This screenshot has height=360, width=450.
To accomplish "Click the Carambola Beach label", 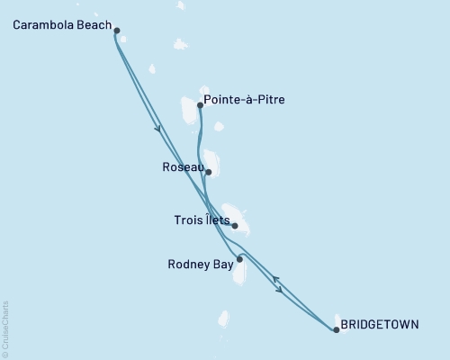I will click(60, 25).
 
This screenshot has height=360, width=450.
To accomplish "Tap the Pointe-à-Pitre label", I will click(245, 100).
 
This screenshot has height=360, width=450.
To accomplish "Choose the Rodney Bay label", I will click(199, 265).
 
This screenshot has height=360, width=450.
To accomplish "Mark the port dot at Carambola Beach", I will click(117, 30).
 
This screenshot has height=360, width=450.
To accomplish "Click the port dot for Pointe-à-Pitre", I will click(200, 105).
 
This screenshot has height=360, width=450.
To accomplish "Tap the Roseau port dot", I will click(208, 172).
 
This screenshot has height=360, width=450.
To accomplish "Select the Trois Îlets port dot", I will click(234, 226).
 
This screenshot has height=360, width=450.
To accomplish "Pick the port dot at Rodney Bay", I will click(239, 259).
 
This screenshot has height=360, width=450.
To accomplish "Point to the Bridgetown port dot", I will click(336, 330).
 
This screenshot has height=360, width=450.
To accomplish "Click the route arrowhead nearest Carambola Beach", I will click(158, 129).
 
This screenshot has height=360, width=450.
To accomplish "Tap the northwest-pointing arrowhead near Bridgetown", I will click(275, 280).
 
